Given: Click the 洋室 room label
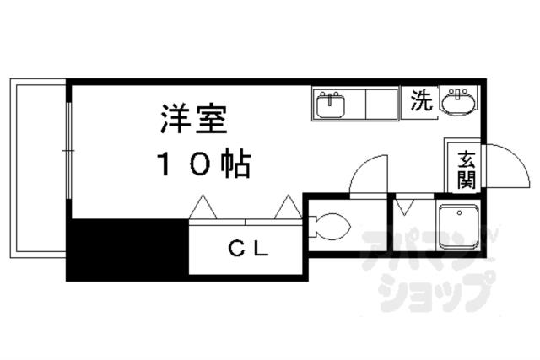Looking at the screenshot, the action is [x=193, y=118].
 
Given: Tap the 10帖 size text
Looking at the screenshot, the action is [x=204, y=163].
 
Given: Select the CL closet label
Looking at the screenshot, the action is [x=248, y=248].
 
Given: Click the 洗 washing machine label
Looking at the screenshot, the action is [x=422, y=100].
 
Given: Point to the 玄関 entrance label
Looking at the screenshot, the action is [x=467, y=169].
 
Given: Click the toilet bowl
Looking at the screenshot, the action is [x=330, y=227].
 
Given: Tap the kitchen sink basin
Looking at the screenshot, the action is [x=330, y=104].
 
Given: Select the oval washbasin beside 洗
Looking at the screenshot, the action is [x=458, y=101].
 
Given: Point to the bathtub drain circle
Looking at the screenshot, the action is [x=459, y=213].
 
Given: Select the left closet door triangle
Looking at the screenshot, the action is [x=202, y=207].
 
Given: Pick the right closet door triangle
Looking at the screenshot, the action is [x=288, y=207].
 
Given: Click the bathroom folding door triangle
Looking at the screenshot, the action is [x=405, y=207].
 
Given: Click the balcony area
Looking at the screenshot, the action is [x=38, y=169].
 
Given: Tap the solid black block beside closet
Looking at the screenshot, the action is [x=127, y=249].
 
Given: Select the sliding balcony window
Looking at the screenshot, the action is [x=68, y=151].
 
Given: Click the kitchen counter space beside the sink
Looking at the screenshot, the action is [x=381, y=104].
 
